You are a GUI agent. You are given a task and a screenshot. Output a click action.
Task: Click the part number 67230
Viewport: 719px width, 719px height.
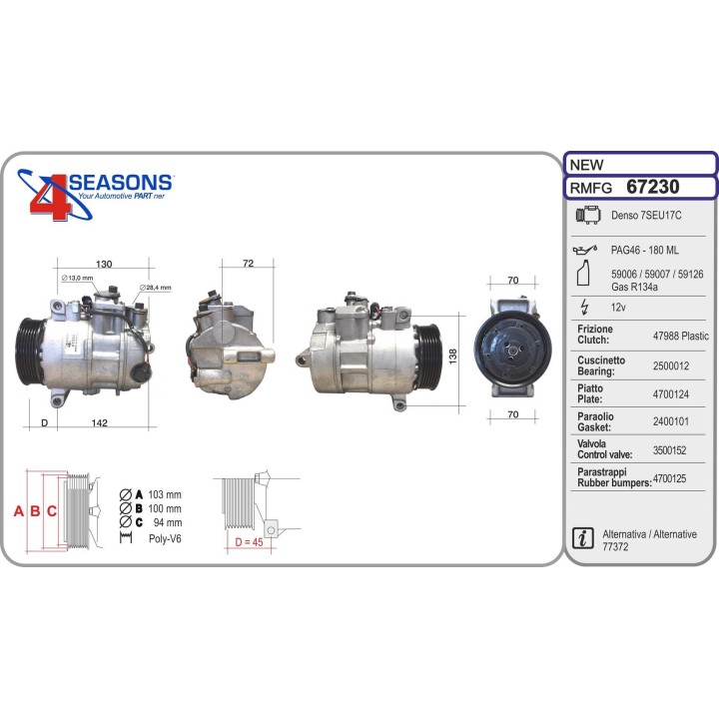pyautogui.click(x=652, y=187)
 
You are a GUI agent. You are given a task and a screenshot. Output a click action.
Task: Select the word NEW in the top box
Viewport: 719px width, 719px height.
pyautogui.click(x=586, y=165)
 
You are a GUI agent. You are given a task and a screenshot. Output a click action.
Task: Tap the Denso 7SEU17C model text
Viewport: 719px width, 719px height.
pyautogui.click(x=646, y=215)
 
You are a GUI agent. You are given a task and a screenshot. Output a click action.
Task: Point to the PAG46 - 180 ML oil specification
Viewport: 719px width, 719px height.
pyautogui.click(x=645, y=250)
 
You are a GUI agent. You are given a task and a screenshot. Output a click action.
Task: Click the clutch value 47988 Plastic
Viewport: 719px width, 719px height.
pyautogui.click(x=680, y=336)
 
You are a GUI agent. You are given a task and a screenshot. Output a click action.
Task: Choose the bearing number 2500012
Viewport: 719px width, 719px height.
pyautogui.click(x=671, y=365)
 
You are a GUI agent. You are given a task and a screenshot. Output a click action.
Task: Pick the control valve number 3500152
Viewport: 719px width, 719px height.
pyautogui.click(x=669, y=450)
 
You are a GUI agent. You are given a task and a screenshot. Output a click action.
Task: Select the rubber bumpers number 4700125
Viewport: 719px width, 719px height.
pyautogui.click(x=669, y=478)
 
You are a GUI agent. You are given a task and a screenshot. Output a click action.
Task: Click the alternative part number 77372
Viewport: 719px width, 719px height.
pyautogui.click(x=615, y=546)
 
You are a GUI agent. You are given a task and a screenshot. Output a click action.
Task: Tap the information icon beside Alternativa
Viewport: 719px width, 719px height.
pyautogui.click(x=583, y=538)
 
